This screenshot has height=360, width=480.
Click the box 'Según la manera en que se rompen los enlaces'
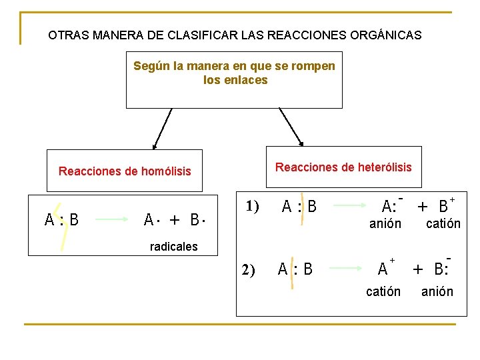click(x=234, y=79)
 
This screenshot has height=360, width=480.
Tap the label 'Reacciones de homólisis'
click(x=125, y=171)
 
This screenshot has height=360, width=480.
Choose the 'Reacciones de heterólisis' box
click(x=343, y=167)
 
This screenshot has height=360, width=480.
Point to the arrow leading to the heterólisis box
click(x=291, y=127)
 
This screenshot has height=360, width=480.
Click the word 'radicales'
click(x=173, y=247)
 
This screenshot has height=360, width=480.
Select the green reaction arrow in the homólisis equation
click(x=111, y=219)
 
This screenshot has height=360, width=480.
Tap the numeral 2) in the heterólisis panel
click(x=248, y=270)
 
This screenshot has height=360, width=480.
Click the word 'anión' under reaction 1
click(x=385, y=224)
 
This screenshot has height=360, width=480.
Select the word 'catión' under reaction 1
click(x=443, y=224)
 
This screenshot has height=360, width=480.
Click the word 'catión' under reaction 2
click(x=383, y=291)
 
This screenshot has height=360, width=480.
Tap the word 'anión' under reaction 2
click(x=437, y=291)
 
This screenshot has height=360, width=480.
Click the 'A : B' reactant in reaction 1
click(x=299, y=207)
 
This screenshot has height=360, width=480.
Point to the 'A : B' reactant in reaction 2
click(x=295, y=269)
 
